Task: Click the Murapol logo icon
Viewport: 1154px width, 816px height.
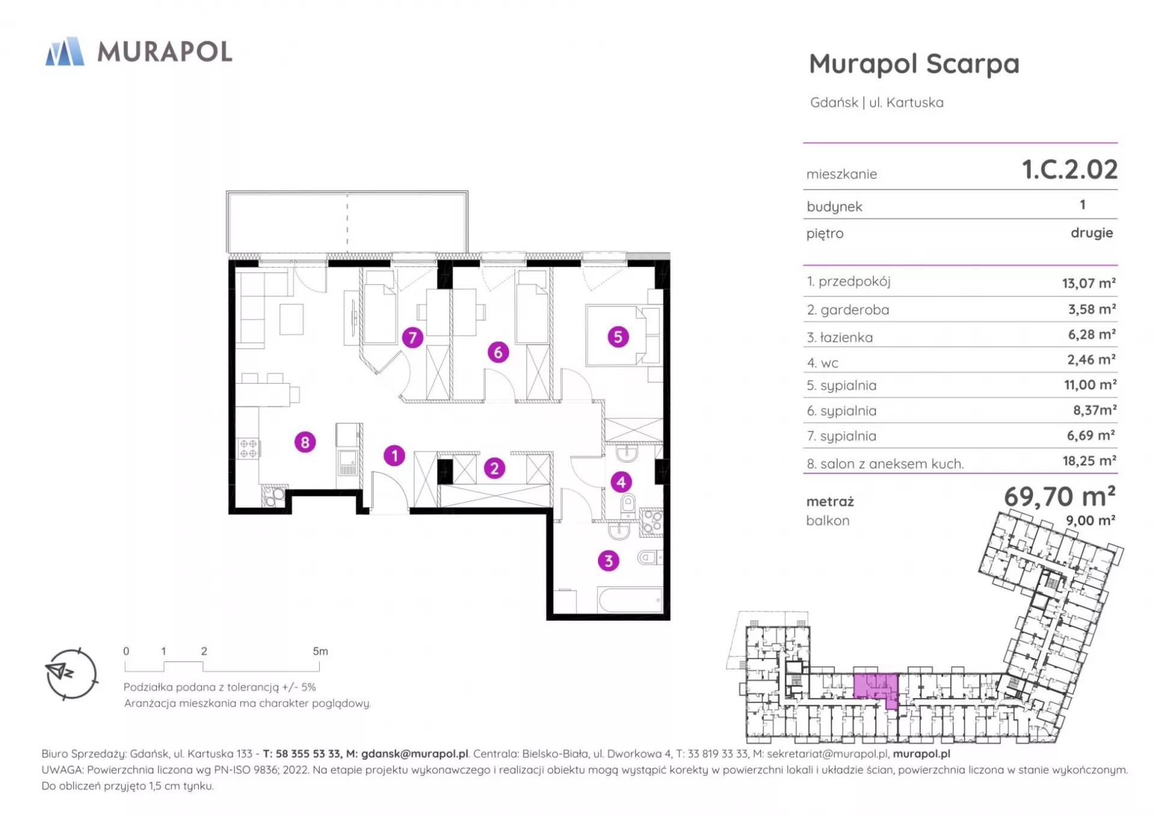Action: [65, 51]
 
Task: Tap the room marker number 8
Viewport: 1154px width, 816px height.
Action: [305, 443]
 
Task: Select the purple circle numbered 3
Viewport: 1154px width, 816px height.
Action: [608, 561]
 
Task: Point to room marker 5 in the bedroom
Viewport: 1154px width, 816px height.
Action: [618, 337]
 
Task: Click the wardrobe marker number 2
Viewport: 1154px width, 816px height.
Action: [494, 468]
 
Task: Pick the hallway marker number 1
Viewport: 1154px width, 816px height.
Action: [394, 456]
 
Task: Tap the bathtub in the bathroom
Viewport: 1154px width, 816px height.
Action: [630, 600]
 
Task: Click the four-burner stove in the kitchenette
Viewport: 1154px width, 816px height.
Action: [248, 448]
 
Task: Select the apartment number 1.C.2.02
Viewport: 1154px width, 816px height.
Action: [1070, 170]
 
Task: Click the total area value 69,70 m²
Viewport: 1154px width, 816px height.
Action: [1060, 496]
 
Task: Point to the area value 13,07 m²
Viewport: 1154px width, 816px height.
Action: [1088, 283]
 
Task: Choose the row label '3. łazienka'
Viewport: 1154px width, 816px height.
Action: [840, 337]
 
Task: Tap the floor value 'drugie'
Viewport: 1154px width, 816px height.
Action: [1091, 233]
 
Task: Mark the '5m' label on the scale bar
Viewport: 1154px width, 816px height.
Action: [320, 651]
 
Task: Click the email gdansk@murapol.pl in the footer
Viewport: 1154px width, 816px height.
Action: [415, 753]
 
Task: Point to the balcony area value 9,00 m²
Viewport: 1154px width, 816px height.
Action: [1090, 520]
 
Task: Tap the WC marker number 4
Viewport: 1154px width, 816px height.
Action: [621, 482]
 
